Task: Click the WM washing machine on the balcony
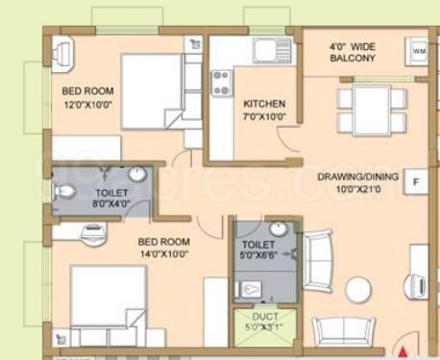(x=417, y=52)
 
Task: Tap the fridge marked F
(x=416, y=181)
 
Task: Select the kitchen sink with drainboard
(x=273, y=50)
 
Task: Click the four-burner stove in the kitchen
(x=221, y=83)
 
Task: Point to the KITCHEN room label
(x=264, y=104)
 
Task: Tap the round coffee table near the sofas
(x=358, y=290)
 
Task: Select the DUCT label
(x=265, y=317)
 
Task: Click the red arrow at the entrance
(x=403, y=352)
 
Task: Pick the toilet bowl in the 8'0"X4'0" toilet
(x=65, y=191)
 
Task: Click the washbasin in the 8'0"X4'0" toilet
(x=137, y=175)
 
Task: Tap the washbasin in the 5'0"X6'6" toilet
(x=278, y=228)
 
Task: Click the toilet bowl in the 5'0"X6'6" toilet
(x=249, y=290)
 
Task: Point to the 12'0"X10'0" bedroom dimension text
(x=88, y=105)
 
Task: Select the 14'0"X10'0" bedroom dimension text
(x=164, y=254)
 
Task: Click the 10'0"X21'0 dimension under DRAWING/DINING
(x=358, y=189)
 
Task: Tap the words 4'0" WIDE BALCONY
(x=353, y=53)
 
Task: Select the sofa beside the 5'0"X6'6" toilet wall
(x=317, y=261)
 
